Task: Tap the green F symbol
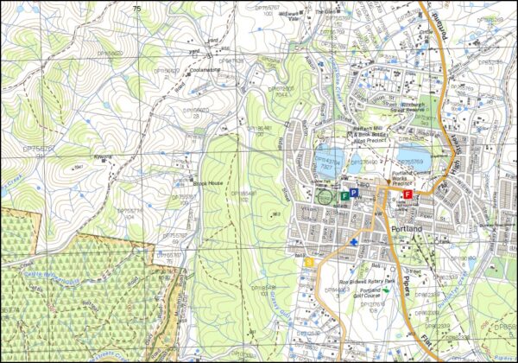(x=345, y=196)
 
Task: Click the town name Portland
(x=408, y=227)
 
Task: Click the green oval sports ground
(x=325, y=195)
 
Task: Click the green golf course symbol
(x=387, y=290)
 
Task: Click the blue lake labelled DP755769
(x=412, y=159)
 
